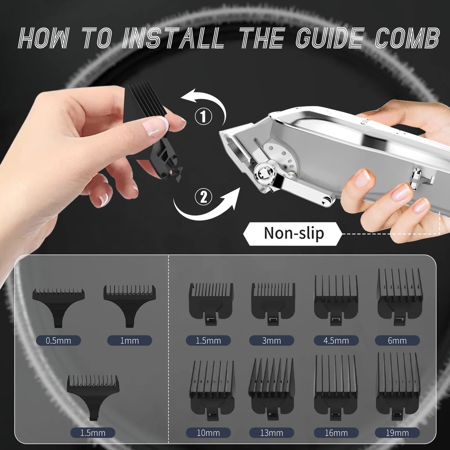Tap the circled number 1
pos(203,116)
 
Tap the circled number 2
pos(203,197)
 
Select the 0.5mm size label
pos(58,340)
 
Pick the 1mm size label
pos(130,340)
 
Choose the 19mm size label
pos(397,433)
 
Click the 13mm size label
pos(271,433)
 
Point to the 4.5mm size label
pos(336,340)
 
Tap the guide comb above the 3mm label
pos(273,304)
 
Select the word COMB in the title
pos(407,38)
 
